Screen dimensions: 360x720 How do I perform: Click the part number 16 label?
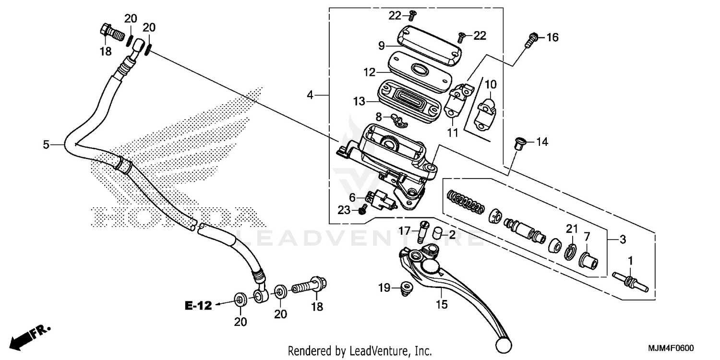coord(552,37)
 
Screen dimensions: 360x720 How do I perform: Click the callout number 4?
coord(311,96)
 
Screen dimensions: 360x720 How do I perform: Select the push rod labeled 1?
coord(631,281)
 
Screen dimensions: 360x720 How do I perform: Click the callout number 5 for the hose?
coord(46,144)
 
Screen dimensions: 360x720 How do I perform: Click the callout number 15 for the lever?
coord(442,304)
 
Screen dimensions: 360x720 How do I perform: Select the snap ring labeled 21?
coord(571,251)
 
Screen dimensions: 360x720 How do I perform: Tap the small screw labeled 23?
coord(363,209)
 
